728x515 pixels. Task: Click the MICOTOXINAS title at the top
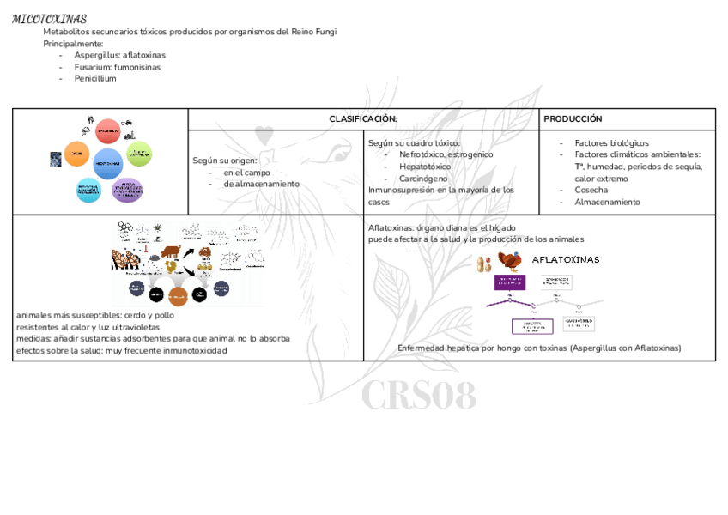pyautogui.click(x=50, y=19)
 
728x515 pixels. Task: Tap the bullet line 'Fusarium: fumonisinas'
pyautogui.click(x=117, y=67)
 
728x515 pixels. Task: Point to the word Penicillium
pyautogui.click(x=94, y=79)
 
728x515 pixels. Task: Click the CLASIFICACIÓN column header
pyautogui.click(x=363, y=119)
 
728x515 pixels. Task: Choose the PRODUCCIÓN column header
pyautogui.click(x=573, y=119)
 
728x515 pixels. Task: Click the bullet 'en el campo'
pyautogui.click(x=246, y=173)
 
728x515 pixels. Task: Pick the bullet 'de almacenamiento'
pyautogui.click(x=261, y=184)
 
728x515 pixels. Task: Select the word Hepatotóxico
pyautogui.click(x=425, y=167)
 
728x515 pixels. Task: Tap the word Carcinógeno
pyautogui.click(x=423, y=179)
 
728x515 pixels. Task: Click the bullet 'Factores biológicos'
pyautogui.click(x=611, y=143)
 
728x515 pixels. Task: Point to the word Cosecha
pyautogui.click(x=591, y=191)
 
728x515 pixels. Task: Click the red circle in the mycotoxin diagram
pyautogui.click(x=107, y=131)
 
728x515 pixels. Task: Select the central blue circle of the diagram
pyautogui.click(x=108, y=162)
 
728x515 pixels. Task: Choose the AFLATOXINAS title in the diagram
pyautogui.click(x=566, y=259)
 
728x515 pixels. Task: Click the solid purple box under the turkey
pyautogui.click(x=509, y=283)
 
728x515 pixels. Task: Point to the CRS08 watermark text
pyautogui.click(x=418, y=397)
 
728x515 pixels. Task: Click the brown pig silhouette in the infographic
pyautogui.click(x=169, y=252)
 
